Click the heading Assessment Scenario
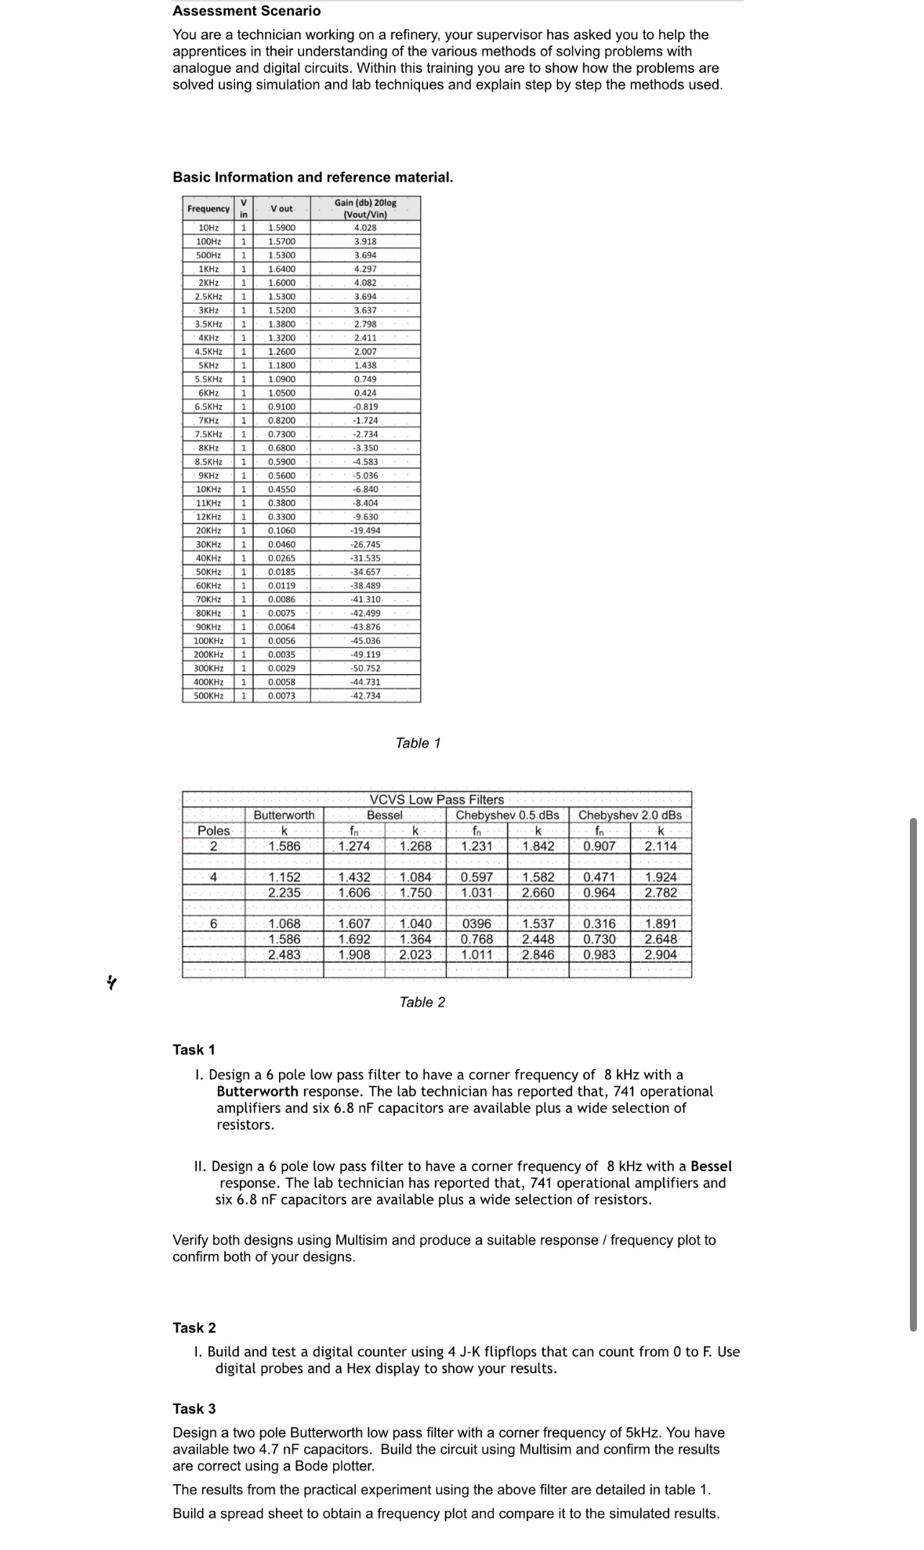[246, 11]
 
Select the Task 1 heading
[194, 1050]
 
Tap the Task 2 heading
[194, 1328]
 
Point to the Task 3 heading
[194, 1408]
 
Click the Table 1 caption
[418, 742]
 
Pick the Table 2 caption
[422, 1002]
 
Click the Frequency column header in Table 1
[208, 208]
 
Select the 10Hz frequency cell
[208, 227]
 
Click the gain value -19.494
[365, 530]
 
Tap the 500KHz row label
[208, 696]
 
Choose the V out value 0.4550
[281, 489]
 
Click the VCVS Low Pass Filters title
[437, 800]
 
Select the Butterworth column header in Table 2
[284, 815]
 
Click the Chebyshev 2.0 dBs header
[630, 815]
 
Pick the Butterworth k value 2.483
[284, 954]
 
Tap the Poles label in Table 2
[214, 830]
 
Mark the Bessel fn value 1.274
[354, 846]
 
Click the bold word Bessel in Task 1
[711, 1166]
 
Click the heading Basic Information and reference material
[313, 177]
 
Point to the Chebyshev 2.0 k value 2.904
[661, 954]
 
